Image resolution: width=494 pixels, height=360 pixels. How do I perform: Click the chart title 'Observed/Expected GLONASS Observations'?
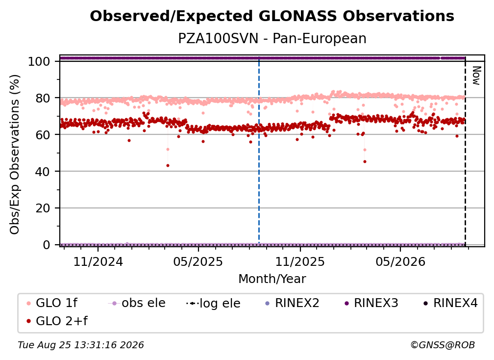click(x=272, y=16)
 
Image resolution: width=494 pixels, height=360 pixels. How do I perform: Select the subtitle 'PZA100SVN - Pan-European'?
click(x=272, y=38)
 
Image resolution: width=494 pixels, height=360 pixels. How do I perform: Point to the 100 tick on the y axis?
click(x=39, y=61)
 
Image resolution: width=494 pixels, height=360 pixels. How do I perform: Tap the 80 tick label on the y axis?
click(x=43, y=98)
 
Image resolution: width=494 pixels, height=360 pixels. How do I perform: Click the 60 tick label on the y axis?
click(x=43, y=134)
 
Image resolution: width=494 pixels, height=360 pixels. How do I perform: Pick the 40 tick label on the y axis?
click(x=43, y=172)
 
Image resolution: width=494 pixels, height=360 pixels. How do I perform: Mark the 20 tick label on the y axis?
click(x=43, y=208)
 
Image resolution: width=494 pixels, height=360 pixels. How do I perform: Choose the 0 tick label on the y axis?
click(x=47, y=245)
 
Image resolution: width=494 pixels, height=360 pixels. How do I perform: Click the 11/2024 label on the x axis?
click(x=98, y=261)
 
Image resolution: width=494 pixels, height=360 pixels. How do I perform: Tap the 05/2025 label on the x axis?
click(x=198, y=261)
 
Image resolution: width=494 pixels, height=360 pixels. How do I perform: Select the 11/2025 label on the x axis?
click(x=300, y=261)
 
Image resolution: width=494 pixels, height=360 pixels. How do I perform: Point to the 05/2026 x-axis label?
click(x=400, y=261)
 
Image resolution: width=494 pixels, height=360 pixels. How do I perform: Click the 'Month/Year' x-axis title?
click(x=272, y=279)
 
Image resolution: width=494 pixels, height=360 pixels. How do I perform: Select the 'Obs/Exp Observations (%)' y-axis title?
click(x=15, y=154)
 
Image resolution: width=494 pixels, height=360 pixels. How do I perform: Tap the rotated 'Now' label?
click(x=476, y=76)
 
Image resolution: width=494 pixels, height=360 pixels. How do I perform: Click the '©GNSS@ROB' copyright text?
click(x=443, y=345)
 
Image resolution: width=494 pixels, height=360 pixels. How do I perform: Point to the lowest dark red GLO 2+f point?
click(x=168, y=165)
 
